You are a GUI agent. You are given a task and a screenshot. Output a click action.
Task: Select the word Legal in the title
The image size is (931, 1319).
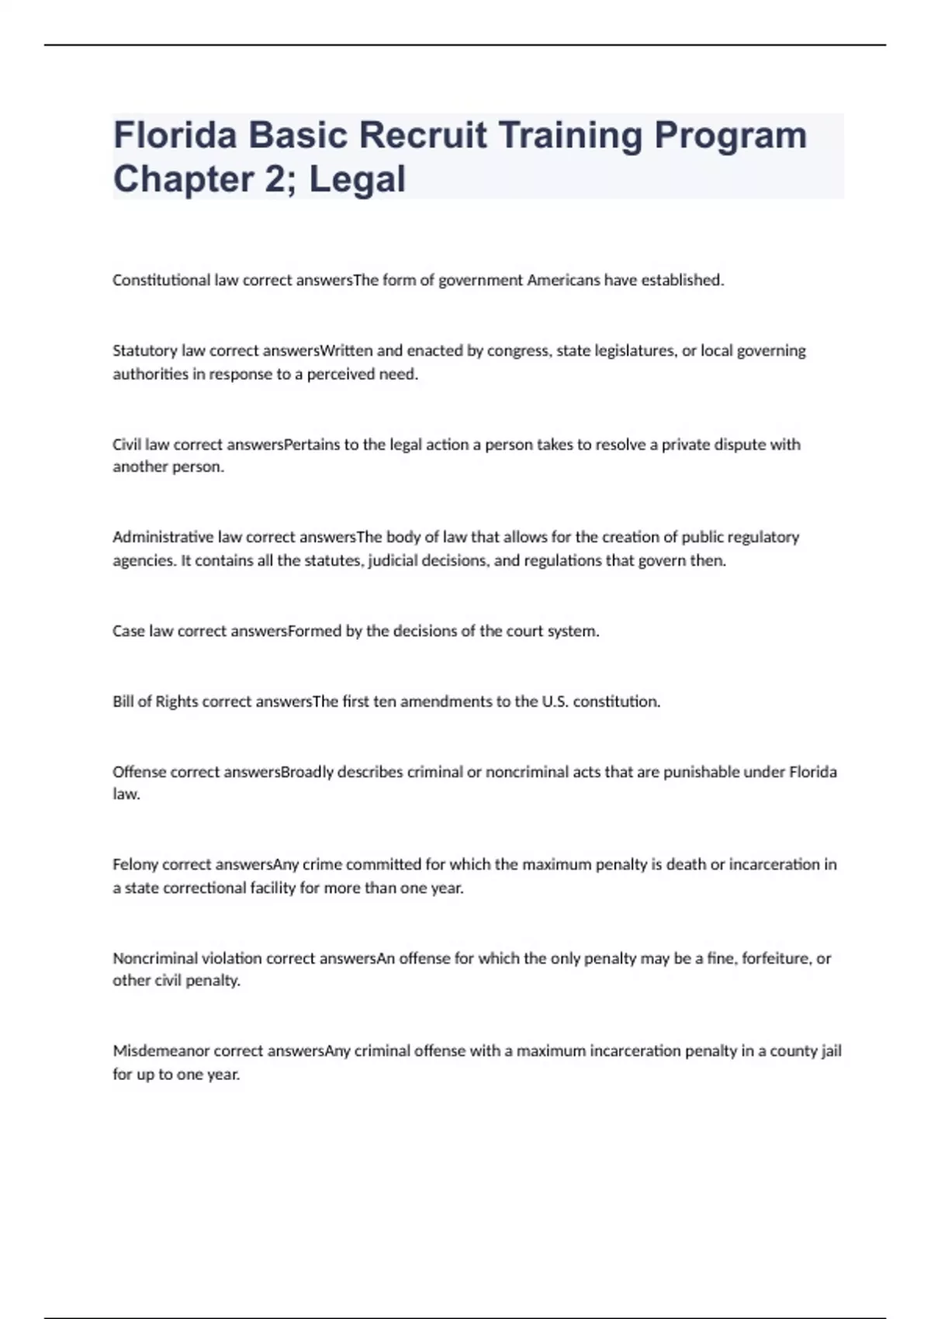pyautogui.click(x=357, y=179)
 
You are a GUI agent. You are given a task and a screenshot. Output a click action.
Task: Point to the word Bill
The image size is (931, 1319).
pyautogui.click(x=123, y=701)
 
